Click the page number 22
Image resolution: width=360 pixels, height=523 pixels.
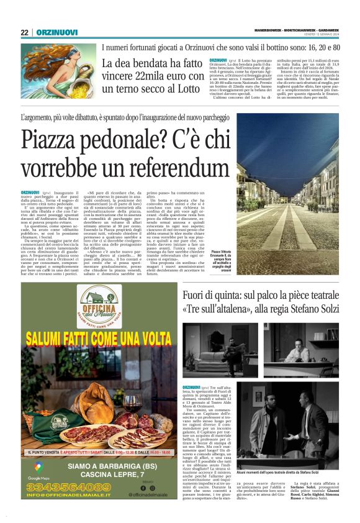[x=24, y=32]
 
